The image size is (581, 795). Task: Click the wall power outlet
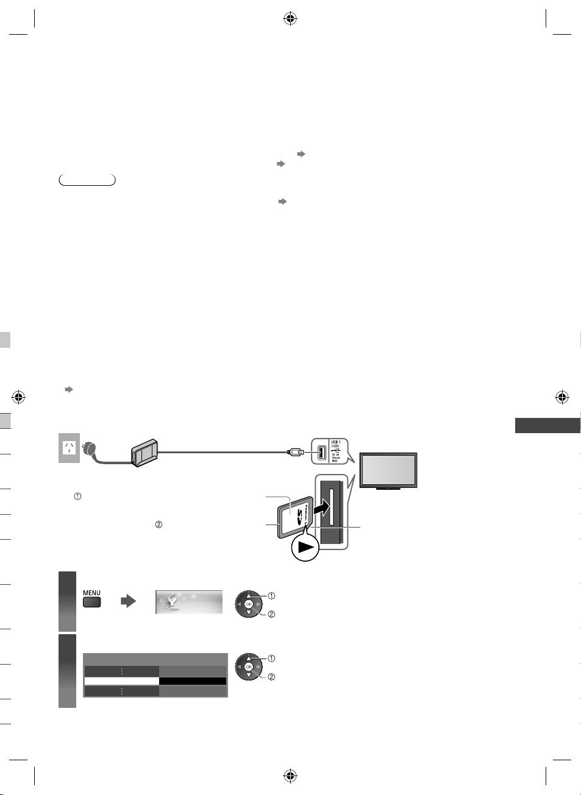point(69,448)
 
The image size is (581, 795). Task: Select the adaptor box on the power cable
point(144,454)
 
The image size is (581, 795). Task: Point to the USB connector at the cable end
point(296,452)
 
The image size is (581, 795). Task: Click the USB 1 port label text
point(336,442)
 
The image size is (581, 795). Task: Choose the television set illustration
point(388,470)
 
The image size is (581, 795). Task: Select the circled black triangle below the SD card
point(305,547)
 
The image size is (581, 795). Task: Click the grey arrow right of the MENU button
point(128,602)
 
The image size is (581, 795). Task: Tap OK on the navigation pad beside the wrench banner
point(248,604)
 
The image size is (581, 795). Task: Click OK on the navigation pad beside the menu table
point(248,667)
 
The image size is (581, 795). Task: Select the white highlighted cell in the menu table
point(121,681)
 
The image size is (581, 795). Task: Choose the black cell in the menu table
point(193,681)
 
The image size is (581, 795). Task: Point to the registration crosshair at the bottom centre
point(290,776)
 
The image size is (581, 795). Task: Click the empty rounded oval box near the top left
point(87,180)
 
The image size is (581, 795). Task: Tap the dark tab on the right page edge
point(547,425)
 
